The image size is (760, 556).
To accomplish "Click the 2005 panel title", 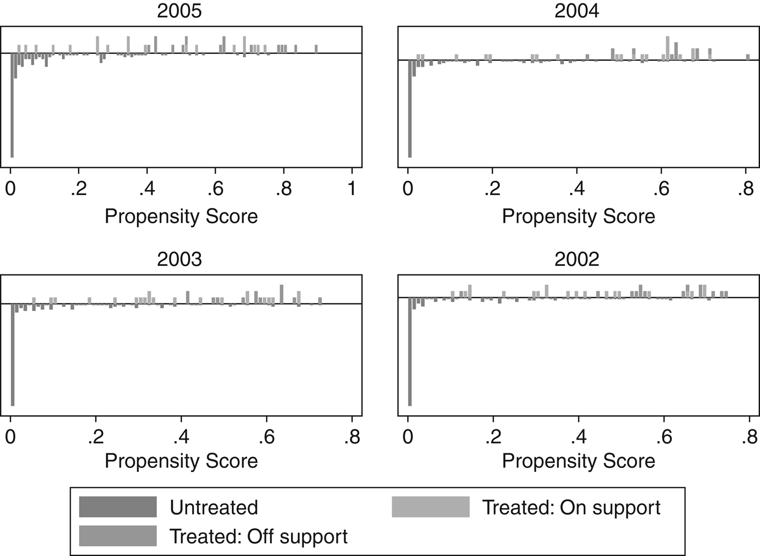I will tap(179, 11).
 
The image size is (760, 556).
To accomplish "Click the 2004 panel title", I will tap(577, 11).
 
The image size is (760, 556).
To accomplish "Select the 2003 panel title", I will tap(179, 259).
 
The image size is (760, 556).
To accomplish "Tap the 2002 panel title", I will tap(577, 259).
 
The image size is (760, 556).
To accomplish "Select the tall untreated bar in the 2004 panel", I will tap(410, 109).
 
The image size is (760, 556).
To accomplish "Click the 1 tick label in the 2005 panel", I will tap(352, 189).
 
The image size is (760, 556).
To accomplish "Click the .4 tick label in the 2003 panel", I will tap(181, 437).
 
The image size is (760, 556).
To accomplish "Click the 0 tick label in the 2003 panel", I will tap(10, 437).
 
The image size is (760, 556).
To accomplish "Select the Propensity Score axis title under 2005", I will tap(181, 216).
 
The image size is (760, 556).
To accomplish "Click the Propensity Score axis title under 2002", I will tap(578, 461).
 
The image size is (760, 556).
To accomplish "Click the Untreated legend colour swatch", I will tap(118, 507).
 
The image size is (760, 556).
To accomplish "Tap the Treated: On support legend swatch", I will tap(430, 507).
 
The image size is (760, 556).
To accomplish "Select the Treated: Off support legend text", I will tap(258, 536).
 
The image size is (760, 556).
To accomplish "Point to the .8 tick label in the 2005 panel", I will tap(283, 189).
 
